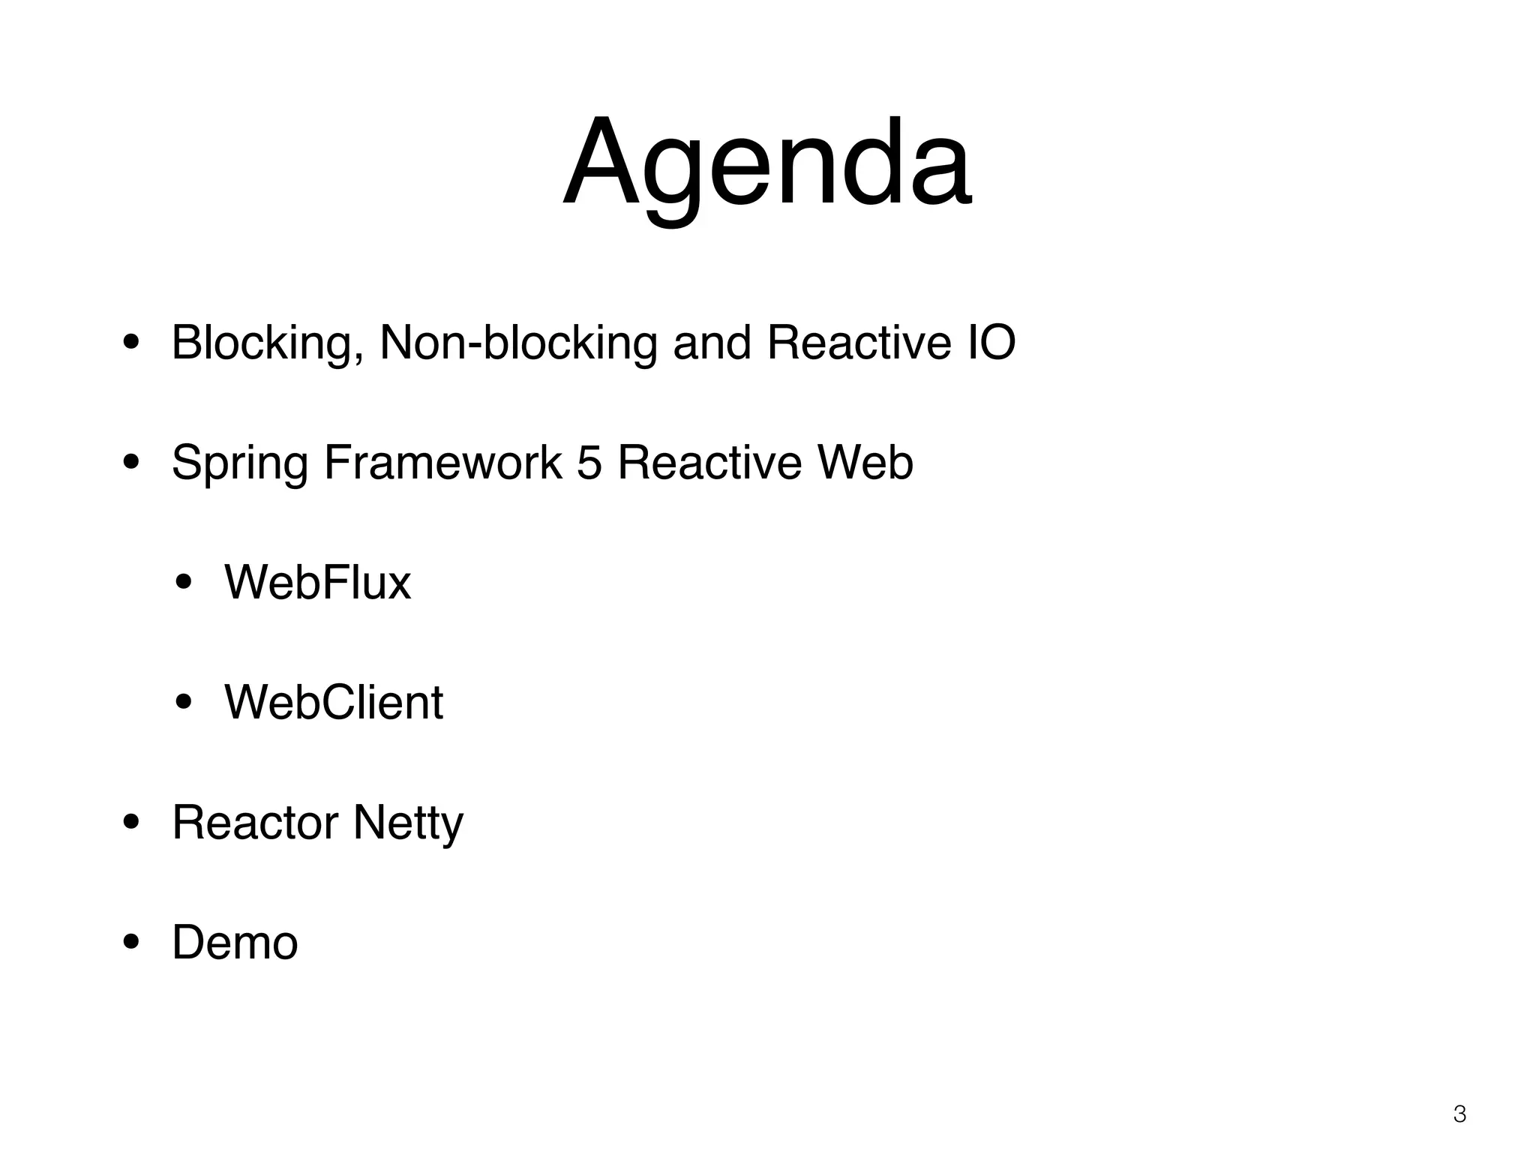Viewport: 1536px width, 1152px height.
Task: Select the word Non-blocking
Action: [x=517, y=343]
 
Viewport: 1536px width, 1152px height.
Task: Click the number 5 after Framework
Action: [x=589, y=463]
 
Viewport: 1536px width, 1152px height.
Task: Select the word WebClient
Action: [x=334, y=703]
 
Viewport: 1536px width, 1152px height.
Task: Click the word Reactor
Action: [x=255, y=823]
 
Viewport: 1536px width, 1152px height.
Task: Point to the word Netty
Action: [x=408, y=823]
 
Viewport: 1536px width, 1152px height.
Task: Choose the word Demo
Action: [x=235, y=943]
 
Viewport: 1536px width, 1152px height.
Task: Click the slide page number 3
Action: [x=1459, y=1114]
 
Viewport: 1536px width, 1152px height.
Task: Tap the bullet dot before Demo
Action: [x=131, y=943]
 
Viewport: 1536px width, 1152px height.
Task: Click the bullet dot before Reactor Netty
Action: [x=131, y=823]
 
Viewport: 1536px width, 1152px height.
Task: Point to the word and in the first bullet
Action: [x=712, y=343]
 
